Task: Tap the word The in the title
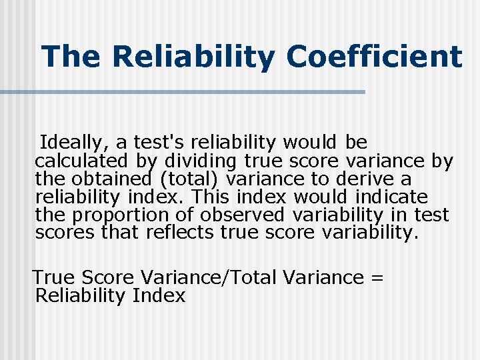[70, 56]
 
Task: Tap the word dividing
[199, 161]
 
